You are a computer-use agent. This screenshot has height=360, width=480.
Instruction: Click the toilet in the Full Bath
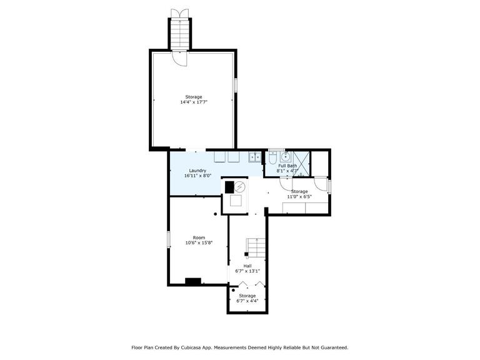coord(272,158)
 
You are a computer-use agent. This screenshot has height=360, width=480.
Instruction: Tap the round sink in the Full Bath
coord(286,157)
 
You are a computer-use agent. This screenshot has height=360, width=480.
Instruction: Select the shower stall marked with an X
coord(301,164)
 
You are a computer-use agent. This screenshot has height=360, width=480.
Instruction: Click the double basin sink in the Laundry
coord(255,157)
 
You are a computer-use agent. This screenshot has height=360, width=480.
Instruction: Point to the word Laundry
coord(197,171)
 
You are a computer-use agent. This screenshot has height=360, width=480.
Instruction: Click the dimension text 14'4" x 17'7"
coord(194,102)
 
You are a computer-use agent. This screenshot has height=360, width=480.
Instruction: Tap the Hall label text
coord(247,266)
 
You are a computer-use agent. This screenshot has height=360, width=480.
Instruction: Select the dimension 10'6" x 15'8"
coord(199,242)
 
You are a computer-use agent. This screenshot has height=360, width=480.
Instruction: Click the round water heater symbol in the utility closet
coord(240,186)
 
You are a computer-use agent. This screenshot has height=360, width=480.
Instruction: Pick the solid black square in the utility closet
coord(229,187)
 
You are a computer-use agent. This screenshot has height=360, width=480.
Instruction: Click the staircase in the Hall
coord(256,248)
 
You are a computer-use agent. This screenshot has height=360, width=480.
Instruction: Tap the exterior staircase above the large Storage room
coord(179,34)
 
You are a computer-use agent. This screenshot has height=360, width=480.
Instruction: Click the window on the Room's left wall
coord(168,239)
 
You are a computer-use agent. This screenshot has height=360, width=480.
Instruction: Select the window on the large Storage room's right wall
coord(236,85)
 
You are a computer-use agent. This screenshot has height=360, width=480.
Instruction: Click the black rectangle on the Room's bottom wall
coord(193,281)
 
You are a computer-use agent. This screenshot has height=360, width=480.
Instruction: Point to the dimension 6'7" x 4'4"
coord(247,301)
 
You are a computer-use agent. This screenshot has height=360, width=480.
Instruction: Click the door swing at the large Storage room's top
coord(179,58)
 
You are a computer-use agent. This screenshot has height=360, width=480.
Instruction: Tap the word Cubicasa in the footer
coord(189,347)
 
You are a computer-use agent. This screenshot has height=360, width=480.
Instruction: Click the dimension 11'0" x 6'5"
coord(299,196)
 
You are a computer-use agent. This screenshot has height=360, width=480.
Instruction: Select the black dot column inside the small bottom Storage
coord(233,290)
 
